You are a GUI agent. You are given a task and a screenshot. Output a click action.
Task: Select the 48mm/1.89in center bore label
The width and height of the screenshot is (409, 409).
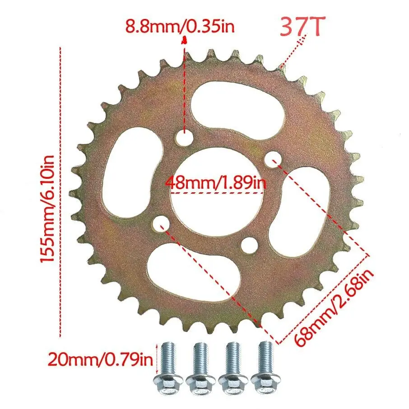[216, 183]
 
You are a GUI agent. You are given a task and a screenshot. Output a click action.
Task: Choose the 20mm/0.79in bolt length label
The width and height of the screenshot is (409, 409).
[101, 360]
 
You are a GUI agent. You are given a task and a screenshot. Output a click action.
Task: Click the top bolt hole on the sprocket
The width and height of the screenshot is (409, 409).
[184, 139]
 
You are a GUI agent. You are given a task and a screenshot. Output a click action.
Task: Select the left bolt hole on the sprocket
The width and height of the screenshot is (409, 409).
[161, 223]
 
